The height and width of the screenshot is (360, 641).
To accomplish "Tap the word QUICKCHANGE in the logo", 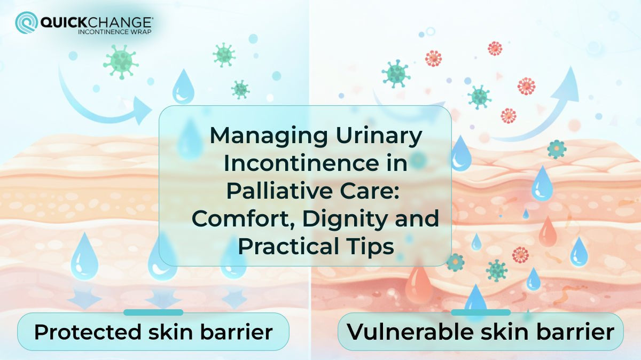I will (96, 22).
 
